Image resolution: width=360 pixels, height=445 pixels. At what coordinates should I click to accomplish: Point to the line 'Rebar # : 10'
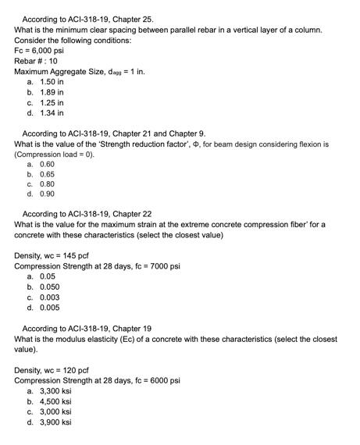point(36,60)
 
